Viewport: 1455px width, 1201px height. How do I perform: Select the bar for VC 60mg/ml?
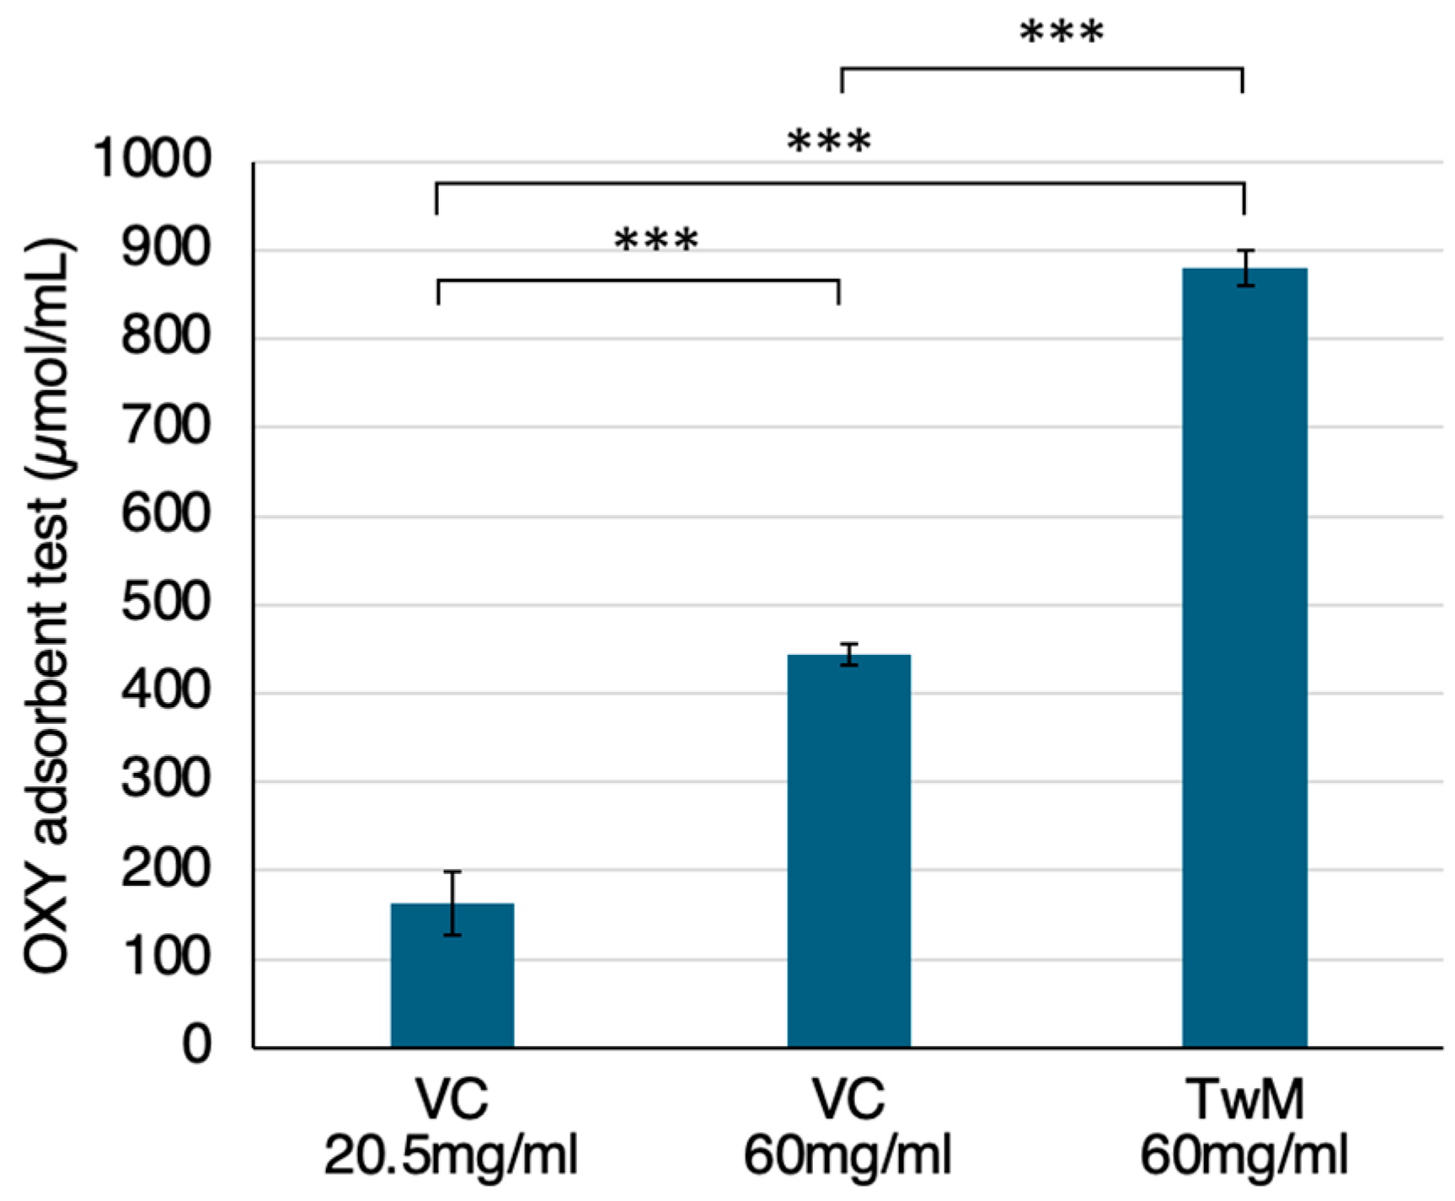tap(848, 851)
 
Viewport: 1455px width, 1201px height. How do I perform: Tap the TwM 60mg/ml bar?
tap(1244, 657)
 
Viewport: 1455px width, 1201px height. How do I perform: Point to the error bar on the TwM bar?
tap(1245, 268)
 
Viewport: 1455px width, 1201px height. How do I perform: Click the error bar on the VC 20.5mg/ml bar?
tap(452, 903)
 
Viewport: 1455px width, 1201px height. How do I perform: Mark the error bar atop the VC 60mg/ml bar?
tap(849, 655)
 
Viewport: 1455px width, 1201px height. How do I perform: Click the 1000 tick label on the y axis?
tap(152, 158)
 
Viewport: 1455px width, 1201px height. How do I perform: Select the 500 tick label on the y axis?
tap(166, 603)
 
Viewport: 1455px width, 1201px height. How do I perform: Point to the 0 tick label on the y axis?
tap(196, 1045)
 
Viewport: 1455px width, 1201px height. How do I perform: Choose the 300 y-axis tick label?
tap(166, 780)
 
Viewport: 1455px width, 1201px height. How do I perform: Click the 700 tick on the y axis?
tap(166, 426)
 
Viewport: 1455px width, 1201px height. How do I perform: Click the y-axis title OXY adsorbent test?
tap(47, 607)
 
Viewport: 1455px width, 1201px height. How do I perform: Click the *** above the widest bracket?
tap(829, 142)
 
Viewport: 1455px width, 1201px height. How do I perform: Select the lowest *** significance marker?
tap(656, 241)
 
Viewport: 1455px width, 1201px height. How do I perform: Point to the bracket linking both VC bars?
tap(638, 280)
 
